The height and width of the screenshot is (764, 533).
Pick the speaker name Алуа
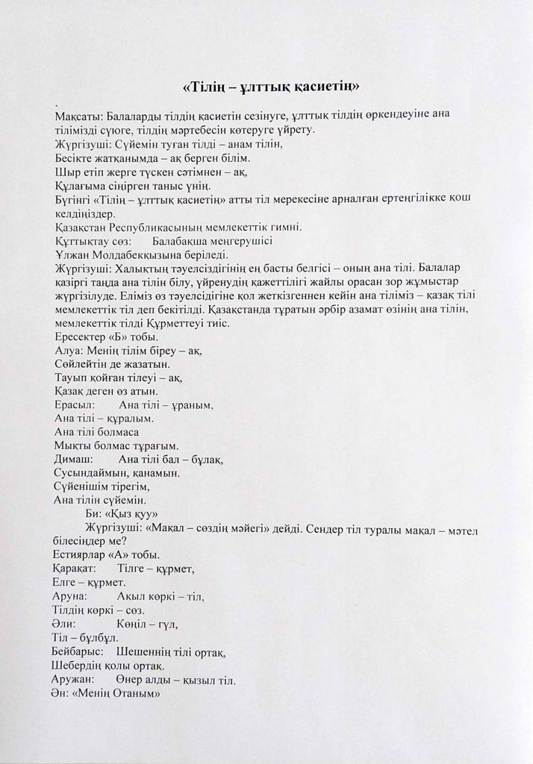(67, 350)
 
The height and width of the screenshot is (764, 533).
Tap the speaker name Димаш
(73, 460)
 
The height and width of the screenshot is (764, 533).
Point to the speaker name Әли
(66, 624)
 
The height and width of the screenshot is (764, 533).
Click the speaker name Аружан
(75, 680)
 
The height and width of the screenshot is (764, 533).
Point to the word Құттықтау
(84, 241)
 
